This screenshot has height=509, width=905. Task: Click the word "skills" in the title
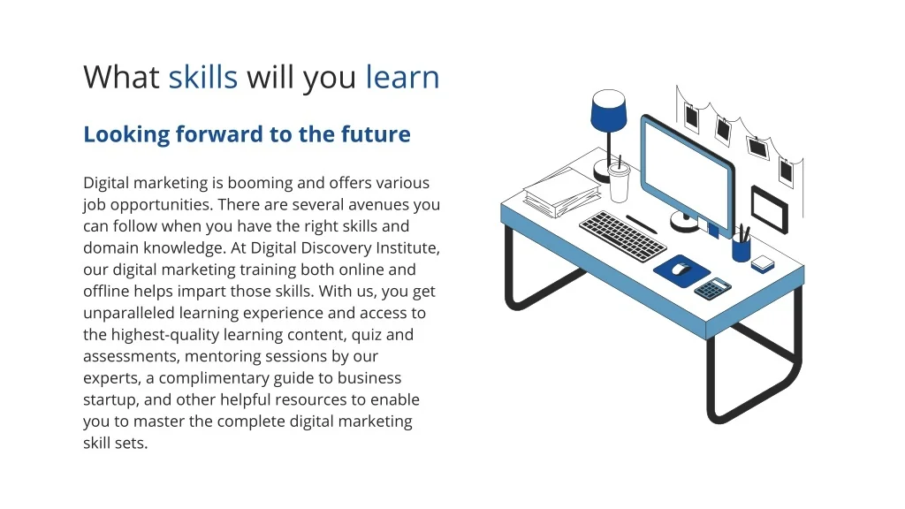(203, 77)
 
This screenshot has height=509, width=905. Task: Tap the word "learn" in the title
(402, 77)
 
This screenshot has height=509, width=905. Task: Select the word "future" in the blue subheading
(376, 134)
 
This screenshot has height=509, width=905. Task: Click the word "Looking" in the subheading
(126, 135)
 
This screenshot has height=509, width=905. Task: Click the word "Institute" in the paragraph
(407, 248)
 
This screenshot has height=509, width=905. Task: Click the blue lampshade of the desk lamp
(609, 110)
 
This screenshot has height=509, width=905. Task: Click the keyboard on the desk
(623, 235)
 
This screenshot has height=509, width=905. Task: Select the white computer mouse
(681, 269)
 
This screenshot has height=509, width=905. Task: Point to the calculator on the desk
(712, 288)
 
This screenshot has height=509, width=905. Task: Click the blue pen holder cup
(741, 249)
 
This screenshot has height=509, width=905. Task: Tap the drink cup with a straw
(619, 181)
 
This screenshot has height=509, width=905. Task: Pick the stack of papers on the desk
(562, 193)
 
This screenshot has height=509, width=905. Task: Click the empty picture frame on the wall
(770, 209)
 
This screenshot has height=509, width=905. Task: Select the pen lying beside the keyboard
(642, 224)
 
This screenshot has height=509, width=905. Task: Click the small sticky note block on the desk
(763, 264)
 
